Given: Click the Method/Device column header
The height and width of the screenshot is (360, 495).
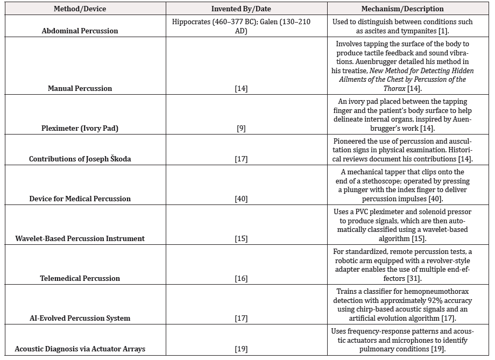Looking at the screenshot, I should (80, 9).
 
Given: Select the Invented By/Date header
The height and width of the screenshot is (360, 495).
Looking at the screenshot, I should (241, 9).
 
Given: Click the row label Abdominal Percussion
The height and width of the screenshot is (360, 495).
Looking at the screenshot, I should (80, 31).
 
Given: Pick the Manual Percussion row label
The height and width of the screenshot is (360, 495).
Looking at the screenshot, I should (80, 88).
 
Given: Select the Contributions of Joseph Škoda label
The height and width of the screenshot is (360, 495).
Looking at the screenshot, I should (80, 159).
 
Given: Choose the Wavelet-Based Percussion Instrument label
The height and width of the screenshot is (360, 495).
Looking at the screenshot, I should (80, 238).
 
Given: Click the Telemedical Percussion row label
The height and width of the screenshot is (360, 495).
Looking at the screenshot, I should (80, 278).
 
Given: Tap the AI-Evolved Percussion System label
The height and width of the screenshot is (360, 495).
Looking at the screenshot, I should (80, 318).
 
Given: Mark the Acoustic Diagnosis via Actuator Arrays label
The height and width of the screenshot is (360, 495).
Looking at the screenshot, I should (80, 349).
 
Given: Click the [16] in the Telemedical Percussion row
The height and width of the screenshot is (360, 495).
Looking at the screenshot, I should (241, 278).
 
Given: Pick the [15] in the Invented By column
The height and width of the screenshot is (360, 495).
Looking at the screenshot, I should (241, 238).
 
